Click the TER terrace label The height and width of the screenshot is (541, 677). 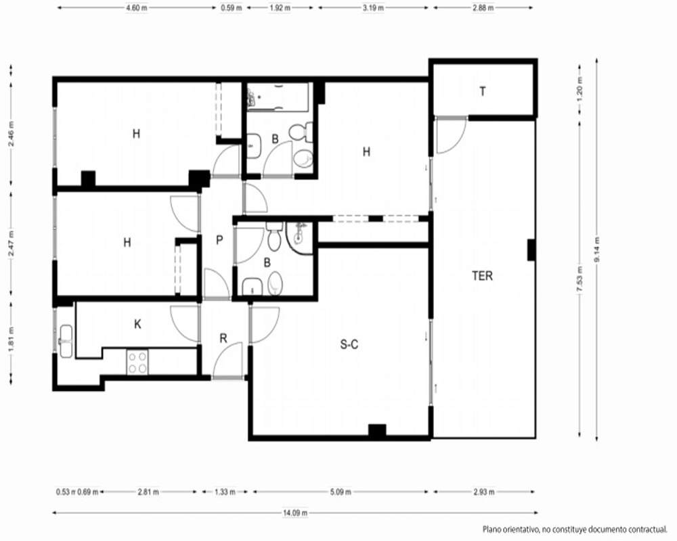482,276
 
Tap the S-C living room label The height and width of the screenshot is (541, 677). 349,344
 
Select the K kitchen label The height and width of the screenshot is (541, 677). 137,324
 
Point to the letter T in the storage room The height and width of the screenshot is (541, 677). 483,91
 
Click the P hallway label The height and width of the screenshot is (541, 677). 219,240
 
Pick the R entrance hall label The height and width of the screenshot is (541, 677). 223,338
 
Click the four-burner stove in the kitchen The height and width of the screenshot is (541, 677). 137,362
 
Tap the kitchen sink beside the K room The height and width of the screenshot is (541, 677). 66,342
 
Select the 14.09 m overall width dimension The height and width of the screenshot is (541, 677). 295,513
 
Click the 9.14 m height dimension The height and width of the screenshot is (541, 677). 596,250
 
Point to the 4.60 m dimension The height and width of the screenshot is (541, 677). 137,7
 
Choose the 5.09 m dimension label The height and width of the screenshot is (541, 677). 341,492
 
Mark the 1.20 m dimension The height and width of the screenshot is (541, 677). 580,91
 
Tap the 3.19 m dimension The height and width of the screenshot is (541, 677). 372,7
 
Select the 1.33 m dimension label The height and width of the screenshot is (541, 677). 225,492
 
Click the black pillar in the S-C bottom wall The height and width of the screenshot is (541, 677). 377,431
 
